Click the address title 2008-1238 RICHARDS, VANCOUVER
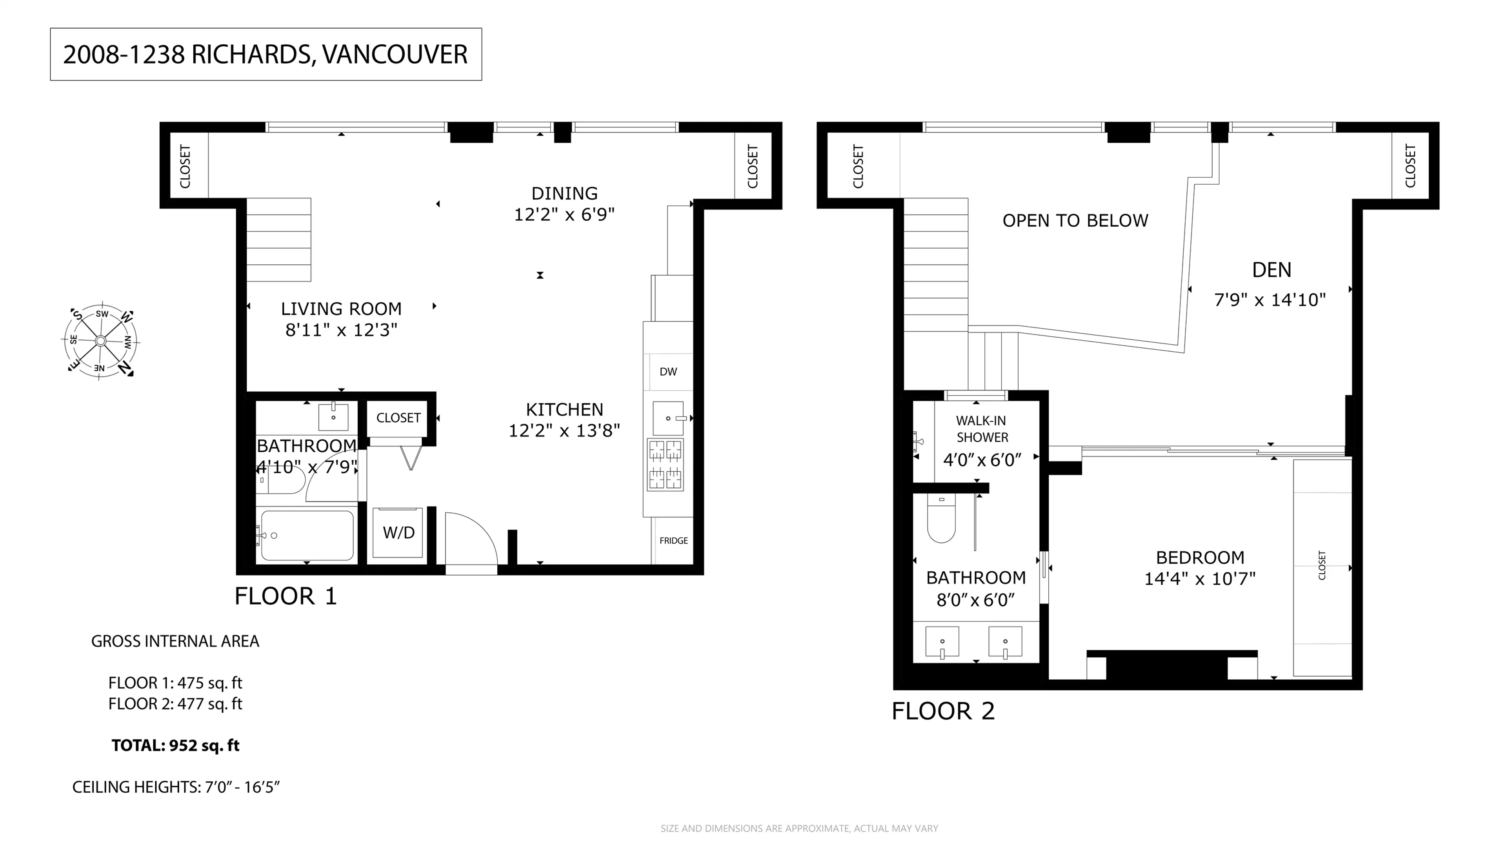click(266, 55)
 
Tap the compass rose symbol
click(100, 341)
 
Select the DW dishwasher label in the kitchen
click(668, 372)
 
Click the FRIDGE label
click(673, 541)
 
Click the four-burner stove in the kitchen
click(665, 464)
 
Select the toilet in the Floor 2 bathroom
click(941, 518)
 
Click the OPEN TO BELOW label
click(1075, 221)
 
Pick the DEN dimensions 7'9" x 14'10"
click(1270, 300)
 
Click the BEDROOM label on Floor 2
click(1200, 558)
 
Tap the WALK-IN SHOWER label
click(982, 429)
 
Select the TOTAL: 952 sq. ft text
click(175, 745)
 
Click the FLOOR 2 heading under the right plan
click(942, 712)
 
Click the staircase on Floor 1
click(279, 240)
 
